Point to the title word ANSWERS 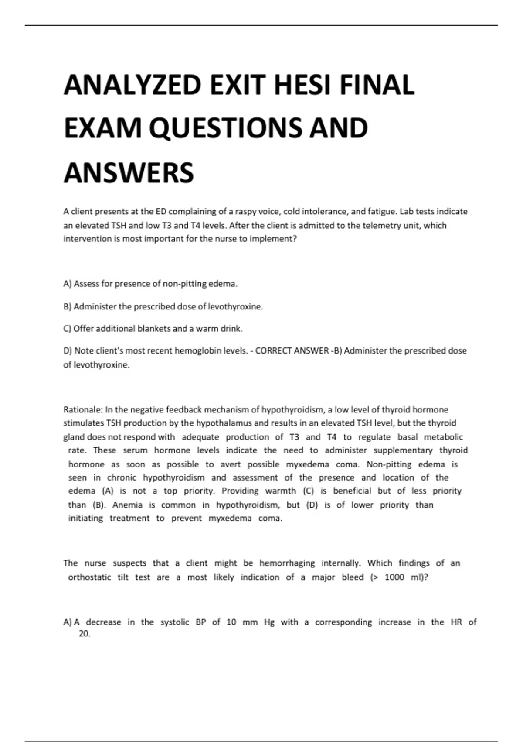129,173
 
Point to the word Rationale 83,410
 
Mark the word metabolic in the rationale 443,437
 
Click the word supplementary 403,450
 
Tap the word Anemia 127,505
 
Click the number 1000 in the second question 394,577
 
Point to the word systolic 174,622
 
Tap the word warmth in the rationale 281,491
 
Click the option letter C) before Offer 68,329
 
